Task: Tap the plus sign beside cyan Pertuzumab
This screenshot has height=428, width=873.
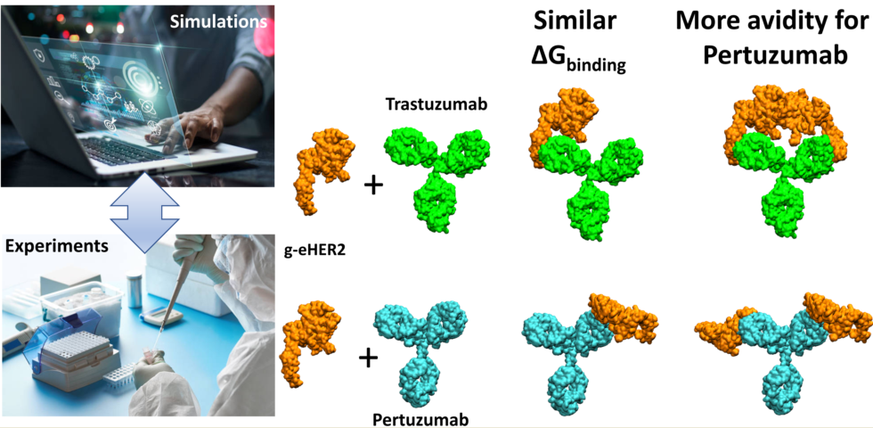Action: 364,359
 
